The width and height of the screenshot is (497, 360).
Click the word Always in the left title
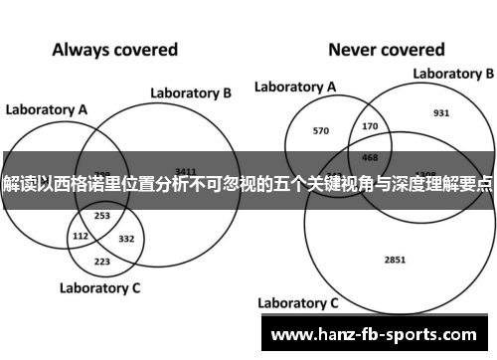[83, 49]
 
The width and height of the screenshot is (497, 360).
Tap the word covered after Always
[145, 49]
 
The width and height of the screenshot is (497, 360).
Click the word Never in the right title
[354, 49]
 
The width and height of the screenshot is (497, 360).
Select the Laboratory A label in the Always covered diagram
[47, 108]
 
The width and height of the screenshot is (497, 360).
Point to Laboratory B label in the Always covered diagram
[191, 92]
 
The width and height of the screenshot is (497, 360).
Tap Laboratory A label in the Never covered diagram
[295, 88]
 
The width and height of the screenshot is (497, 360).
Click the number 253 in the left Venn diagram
[102, 215]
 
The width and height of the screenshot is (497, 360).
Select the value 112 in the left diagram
[82, 236]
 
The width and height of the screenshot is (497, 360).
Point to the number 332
[126, 239]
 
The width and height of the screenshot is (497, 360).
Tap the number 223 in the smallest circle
[102, 261]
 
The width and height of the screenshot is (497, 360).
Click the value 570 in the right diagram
[320, 130]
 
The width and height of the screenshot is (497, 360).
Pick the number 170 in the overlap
[371, 126]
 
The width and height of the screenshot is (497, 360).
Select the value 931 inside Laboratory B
[441, 112]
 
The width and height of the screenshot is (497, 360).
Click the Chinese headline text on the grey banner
[248, 185]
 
